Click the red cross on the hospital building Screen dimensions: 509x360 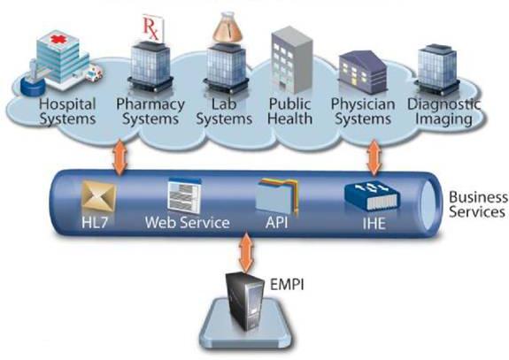point(58,40)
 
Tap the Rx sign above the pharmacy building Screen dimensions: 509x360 point(152,28)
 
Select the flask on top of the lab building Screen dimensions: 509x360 point(228,28)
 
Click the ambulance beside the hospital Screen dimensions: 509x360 point(94,73)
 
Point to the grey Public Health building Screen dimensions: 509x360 point(292,61)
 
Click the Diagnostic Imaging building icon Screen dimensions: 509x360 point(437,70)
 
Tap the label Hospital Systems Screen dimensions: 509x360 point(67,111)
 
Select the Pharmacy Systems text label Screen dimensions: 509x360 point(150,111)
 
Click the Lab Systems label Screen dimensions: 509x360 point(224,111)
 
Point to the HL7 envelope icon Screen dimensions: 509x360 point(98,196)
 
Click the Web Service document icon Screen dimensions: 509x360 point(184,195)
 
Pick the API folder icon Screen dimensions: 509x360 point(277,195)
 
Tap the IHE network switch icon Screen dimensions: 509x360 point(373,196)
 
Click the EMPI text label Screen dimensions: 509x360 point(288,285)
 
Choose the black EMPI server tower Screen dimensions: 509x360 point(245,301)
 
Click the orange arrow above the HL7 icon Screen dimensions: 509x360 point(120,157)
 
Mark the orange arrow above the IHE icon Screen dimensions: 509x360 point(374,157)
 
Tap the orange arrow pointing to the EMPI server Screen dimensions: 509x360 point(246,253)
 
